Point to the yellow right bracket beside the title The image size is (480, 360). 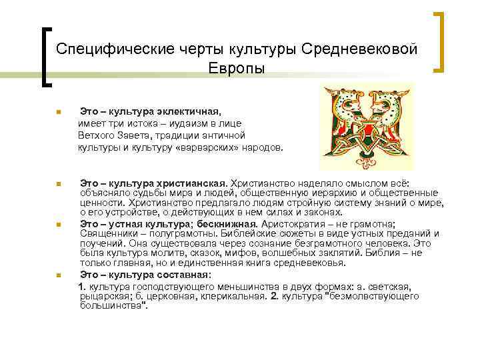439,41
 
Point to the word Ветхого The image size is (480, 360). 95,135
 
